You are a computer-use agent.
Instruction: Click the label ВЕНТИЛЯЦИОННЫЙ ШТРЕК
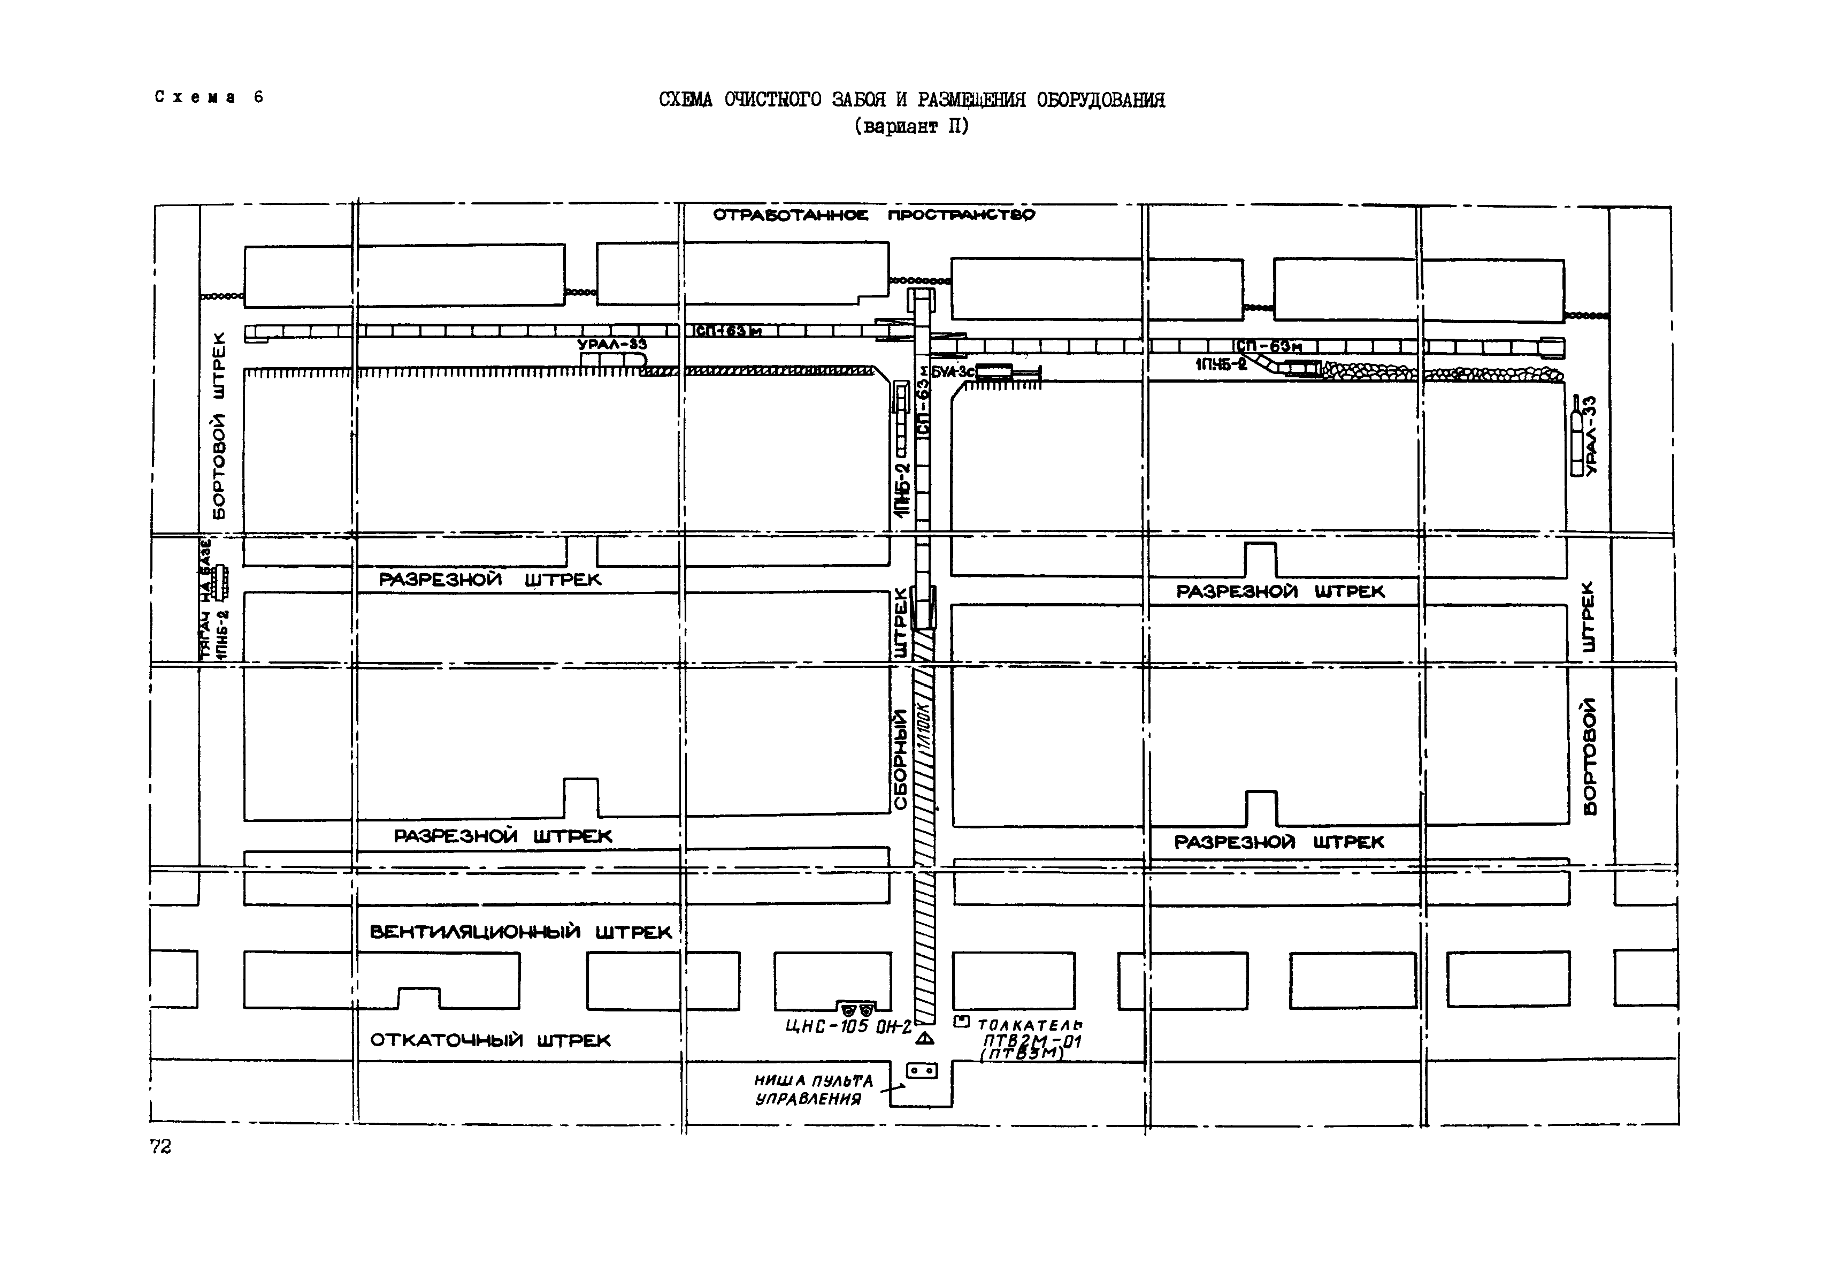coord(520,932)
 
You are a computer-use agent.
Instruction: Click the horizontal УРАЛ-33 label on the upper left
coord(612,345)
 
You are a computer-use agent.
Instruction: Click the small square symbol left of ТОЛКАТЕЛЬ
coord(961,1022)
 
